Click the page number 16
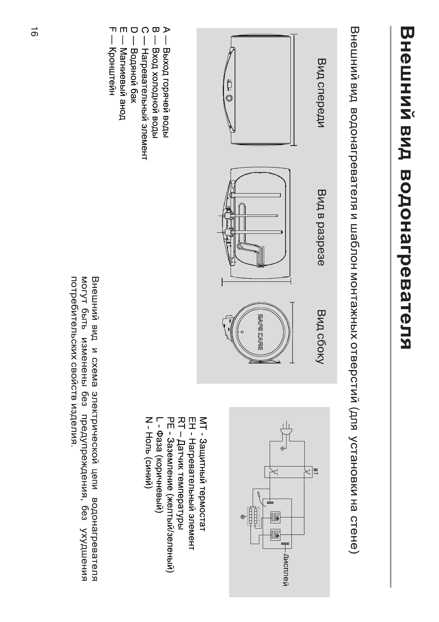click(x=34, y=32)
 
